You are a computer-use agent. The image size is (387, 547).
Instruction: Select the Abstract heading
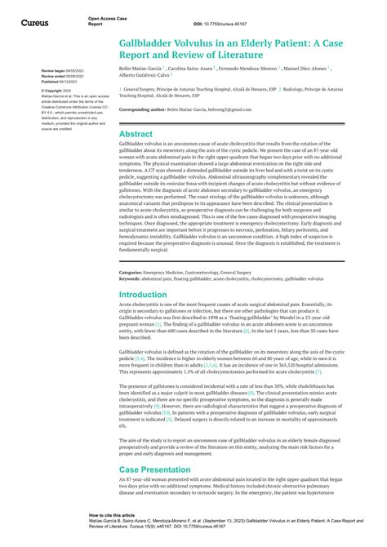coord(135,133)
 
